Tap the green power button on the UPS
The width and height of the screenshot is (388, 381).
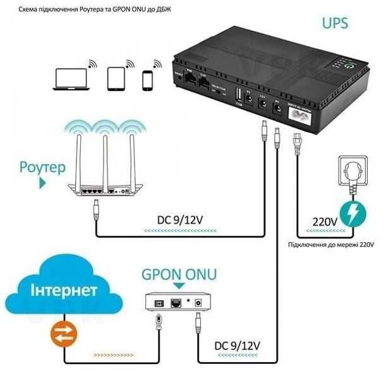[347, 64]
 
